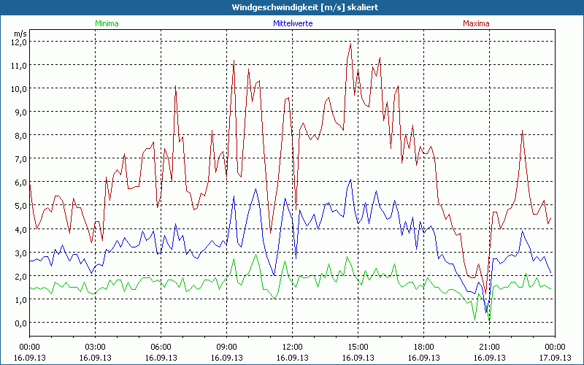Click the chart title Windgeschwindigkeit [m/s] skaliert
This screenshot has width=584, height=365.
click(x=292, y=7)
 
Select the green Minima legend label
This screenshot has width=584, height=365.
click(x=106, y=23)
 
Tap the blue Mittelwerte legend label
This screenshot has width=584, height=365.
click(x=292, y=23)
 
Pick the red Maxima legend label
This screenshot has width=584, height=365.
click(x=477, y=23)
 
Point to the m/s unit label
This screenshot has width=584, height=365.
click(x=20, y=34)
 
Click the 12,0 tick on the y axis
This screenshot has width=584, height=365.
click(x=19, y=42)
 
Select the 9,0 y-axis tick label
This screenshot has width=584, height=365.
click(x=19, y=112)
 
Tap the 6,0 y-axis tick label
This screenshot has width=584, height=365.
click(x=19, y=182)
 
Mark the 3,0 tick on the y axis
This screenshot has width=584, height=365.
click(x=19, y=253)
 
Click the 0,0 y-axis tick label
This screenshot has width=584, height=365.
click(x=19, y=323)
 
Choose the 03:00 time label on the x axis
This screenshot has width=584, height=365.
click(x=95, y=347)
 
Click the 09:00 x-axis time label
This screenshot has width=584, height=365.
click(x=226, y=347)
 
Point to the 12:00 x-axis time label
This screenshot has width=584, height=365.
click(x=292, y=347)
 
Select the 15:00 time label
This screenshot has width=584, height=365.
click(x=358, y=347)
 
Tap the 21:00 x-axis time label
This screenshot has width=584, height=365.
click(x=489, y=347)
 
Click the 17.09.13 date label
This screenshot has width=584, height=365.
click(x=555, y=358)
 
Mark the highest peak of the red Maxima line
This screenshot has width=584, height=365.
click(x=351, y=43)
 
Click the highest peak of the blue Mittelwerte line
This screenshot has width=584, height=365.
click(x=351, y=180)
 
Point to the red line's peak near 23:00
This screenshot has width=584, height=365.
click(x=522, y=131)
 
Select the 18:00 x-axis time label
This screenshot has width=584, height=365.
click(x=423, y=347)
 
